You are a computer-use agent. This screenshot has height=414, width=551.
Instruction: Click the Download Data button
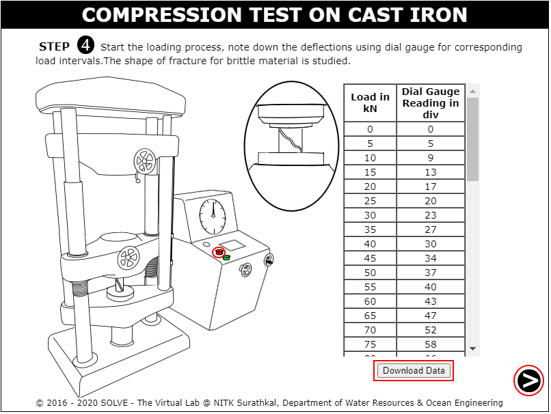(414, 370)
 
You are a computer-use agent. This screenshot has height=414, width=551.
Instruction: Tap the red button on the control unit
(219, 252)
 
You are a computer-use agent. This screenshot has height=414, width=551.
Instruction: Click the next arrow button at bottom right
(528, 381)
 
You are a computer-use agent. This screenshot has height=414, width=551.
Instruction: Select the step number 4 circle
(85, 45)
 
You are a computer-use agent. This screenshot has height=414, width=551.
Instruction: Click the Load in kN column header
(370, 103)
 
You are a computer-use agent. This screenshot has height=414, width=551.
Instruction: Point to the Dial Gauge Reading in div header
(431, 103)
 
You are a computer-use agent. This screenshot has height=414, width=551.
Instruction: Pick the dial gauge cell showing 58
(431, 344)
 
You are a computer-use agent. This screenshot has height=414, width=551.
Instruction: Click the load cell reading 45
(370, 258)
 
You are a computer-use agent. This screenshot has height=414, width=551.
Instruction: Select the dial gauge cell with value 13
(431, 172)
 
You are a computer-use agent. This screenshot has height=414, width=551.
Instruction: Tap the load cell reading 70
(370, 330)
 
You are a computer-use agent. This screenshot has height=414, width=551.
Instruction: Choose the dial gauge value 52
(431, 330)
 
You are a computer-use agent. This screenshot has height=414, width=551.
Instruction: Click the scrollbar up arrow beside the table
(473, 92)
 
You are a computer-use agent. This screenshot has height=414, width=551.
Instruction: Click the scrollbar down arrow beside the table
(473, 348)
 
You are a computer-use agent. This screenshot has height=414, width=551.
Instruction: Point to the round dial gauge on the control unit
(213, 217)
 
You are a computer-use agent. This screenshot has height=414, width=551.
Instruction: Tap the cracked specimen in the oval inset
(291, 140)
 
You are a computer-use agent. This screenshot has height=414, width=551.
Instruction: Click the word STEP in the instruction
(54, 46)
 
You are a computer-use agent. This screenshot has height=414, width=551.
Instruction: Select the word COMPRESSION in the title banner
(162, 15)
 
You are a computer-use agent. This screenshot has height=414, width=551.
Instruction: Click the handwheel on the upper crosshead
(144, 161)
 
